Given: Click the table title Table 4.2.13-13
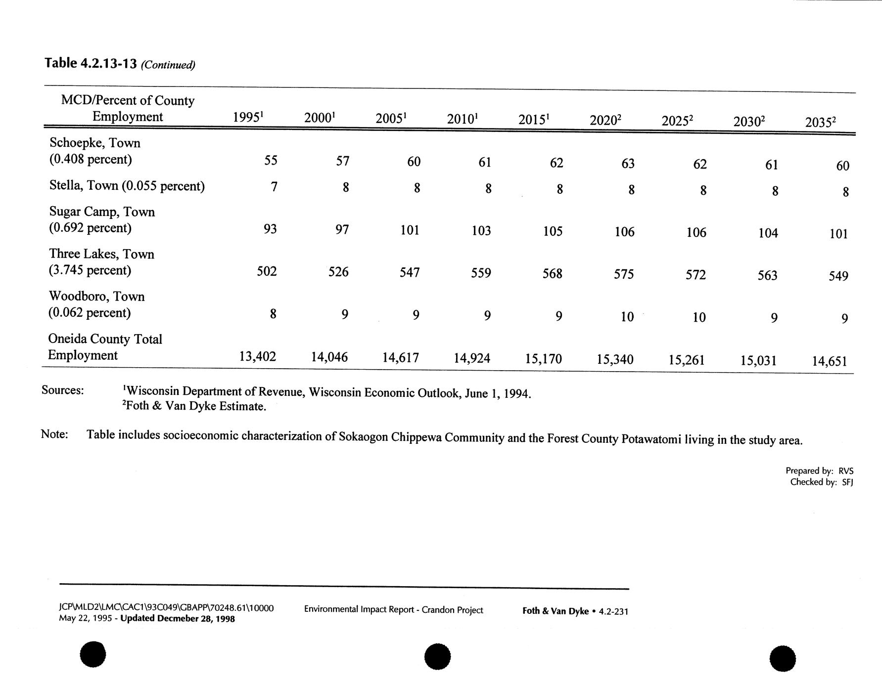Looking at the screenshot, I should coord(91,63).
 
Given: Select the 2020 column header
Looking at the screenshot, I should coord(605,121).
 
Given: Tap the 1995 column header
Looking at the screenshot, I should coord(247,118).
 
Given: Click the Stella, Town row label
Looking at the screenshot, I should coord(127,186).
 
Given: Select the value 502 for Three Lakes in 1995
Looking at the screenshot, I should coord(267,271).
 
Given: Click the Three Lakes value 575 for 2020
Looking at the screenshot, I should coord(623,274).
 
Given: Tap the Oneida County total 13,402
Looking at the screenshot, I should coord(257,356).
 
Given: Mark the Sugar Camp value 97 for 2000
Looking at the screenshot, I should coord(342,229).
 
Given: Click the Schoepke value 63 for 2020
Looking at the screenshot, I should coord(628,163).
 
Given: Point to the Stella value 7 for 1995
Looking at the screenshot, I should coord(274,187).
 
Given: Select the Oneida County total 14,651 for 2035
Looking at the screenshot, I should coord(830,361).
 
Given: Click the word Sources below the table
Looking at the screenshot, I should coord(63,390).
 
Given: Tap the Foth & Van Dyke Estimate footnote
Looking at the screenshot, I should coord(194,406).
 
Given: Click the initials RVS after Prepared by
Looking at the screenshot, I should coord(845,471).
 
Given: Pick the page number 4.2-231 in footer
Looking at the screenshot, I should coord(613,611).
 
